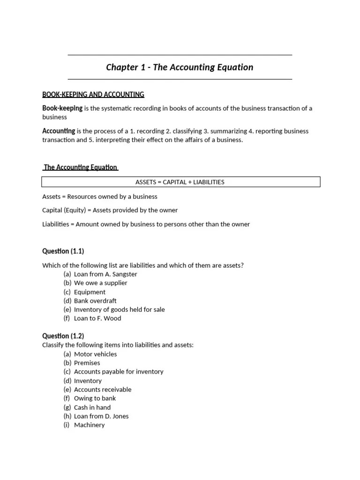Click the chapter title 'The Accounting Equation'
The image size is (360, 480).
(x=180, y=67)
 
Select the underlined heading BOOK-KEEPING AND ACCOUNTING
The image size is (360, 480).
(x=93, y=95)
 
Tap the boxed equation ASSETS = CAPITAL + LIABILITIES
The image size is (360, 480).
(x=180, y=182)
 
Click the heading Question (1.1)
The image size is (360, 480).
(x=63, y=251)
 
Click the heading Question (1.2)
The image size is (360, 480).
(x=63, y=336)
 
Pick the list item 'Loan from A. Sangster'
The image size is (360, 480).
(x=105, y=274)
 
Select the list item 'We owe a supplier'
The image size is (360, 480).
(x=100, y=283)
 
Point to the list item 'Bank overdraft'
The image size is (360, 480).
(x=95, y=300)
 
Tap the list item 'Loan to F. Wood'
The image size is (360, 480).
(x=97, y=318)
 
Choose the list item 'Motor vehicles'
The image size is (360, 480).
(x=95, y=354)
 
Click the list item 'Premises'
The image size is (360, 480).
(x=87, y=363)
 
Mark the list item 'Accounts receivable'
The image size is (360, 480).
(x=103, y=390)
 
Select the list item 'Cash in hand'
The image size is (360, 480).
(x=92, y=407)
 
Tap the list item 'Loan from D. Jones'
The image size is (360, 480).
(x=101, y=416)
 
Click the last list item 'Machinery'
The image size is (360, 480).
(x=89, y=425)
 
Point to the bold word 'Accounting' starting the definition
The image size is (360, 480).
(x=59, y=131)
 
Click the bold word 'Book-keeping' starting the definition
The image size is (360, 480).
(x=62, y=108)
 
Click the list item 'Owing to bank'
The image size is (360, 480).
(x=95, y=398)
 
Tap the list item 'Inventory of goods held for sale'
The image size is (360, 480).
(x=119, y=309)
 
